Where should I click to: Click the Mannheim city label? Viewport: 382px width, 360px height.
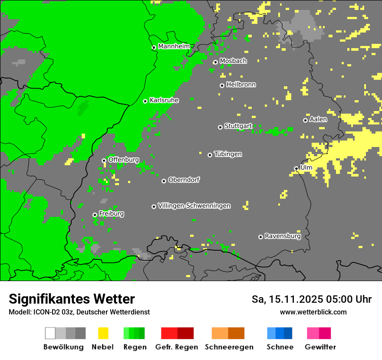(x=174, y=46)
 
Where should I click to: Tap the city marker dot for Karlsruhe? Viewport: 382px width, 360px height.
(x=145, y=101)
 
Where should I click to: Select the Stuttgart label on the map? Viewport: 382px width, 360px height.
(x=238, y=126)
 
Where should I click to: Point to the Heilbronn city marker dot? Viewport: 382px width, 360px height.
(x=222, y=85)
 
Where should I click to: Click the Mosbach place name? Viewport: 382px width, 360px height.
(x=233, y=61)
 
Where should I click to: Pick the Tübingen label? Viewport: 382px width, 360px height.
(x=228, y=154)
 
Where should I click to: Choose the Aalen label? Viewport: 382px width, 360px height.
(x=318, y=119)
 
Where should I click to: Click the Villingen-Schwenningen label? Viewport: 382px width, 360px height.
(x=194, y=206)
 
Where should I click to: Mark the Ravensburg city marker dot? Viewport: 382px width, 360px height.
(x=260, y=237)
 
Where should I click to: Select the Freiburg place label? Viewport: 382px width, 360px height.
(x=111, y=214)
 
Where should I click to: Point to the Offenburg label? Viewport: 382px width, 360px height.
(x=123, y=160)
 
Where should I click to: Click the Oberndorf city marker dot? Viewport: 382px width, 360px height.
(x=164, y=181)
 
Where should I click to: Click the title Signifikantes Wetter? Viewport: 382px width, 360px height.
(x=72, y=299)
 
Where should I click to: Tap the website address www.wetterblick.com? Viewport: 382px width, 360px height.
(x=313, y=312)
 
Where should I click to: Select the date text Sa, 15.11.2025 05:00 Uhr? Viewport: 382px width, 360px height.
(x=311, y=299)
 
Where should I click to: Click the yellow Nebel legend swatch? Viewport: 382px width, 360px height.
(x=103, y=333)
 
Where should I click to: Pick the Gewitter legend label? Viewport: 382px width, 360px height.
(x=320, y=347)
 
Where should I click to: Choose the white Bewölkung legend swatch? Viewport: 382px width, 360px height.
(x=50, y=333)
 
